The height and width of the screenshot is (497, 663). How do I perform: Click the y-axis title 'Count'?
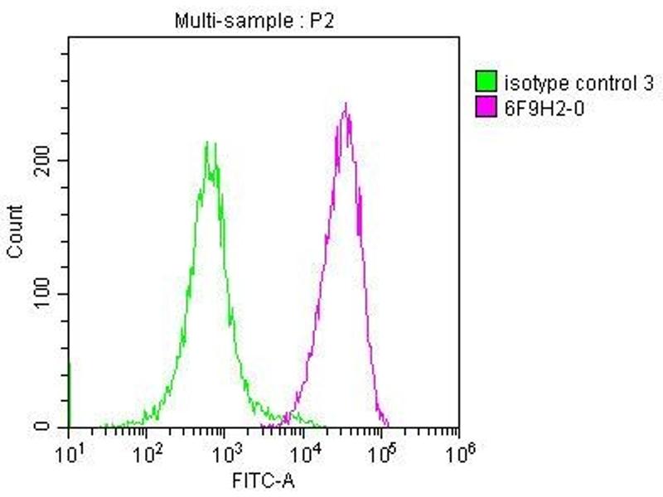(16, 233)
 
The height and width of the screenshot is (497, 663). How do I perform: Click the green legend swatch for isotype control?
(486, 82)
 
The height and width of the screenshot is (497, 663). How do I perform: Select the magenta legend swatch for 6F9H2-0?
(486, 106)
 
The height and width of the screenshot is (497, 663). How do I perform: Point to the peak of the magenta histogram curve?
(345, 104)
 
